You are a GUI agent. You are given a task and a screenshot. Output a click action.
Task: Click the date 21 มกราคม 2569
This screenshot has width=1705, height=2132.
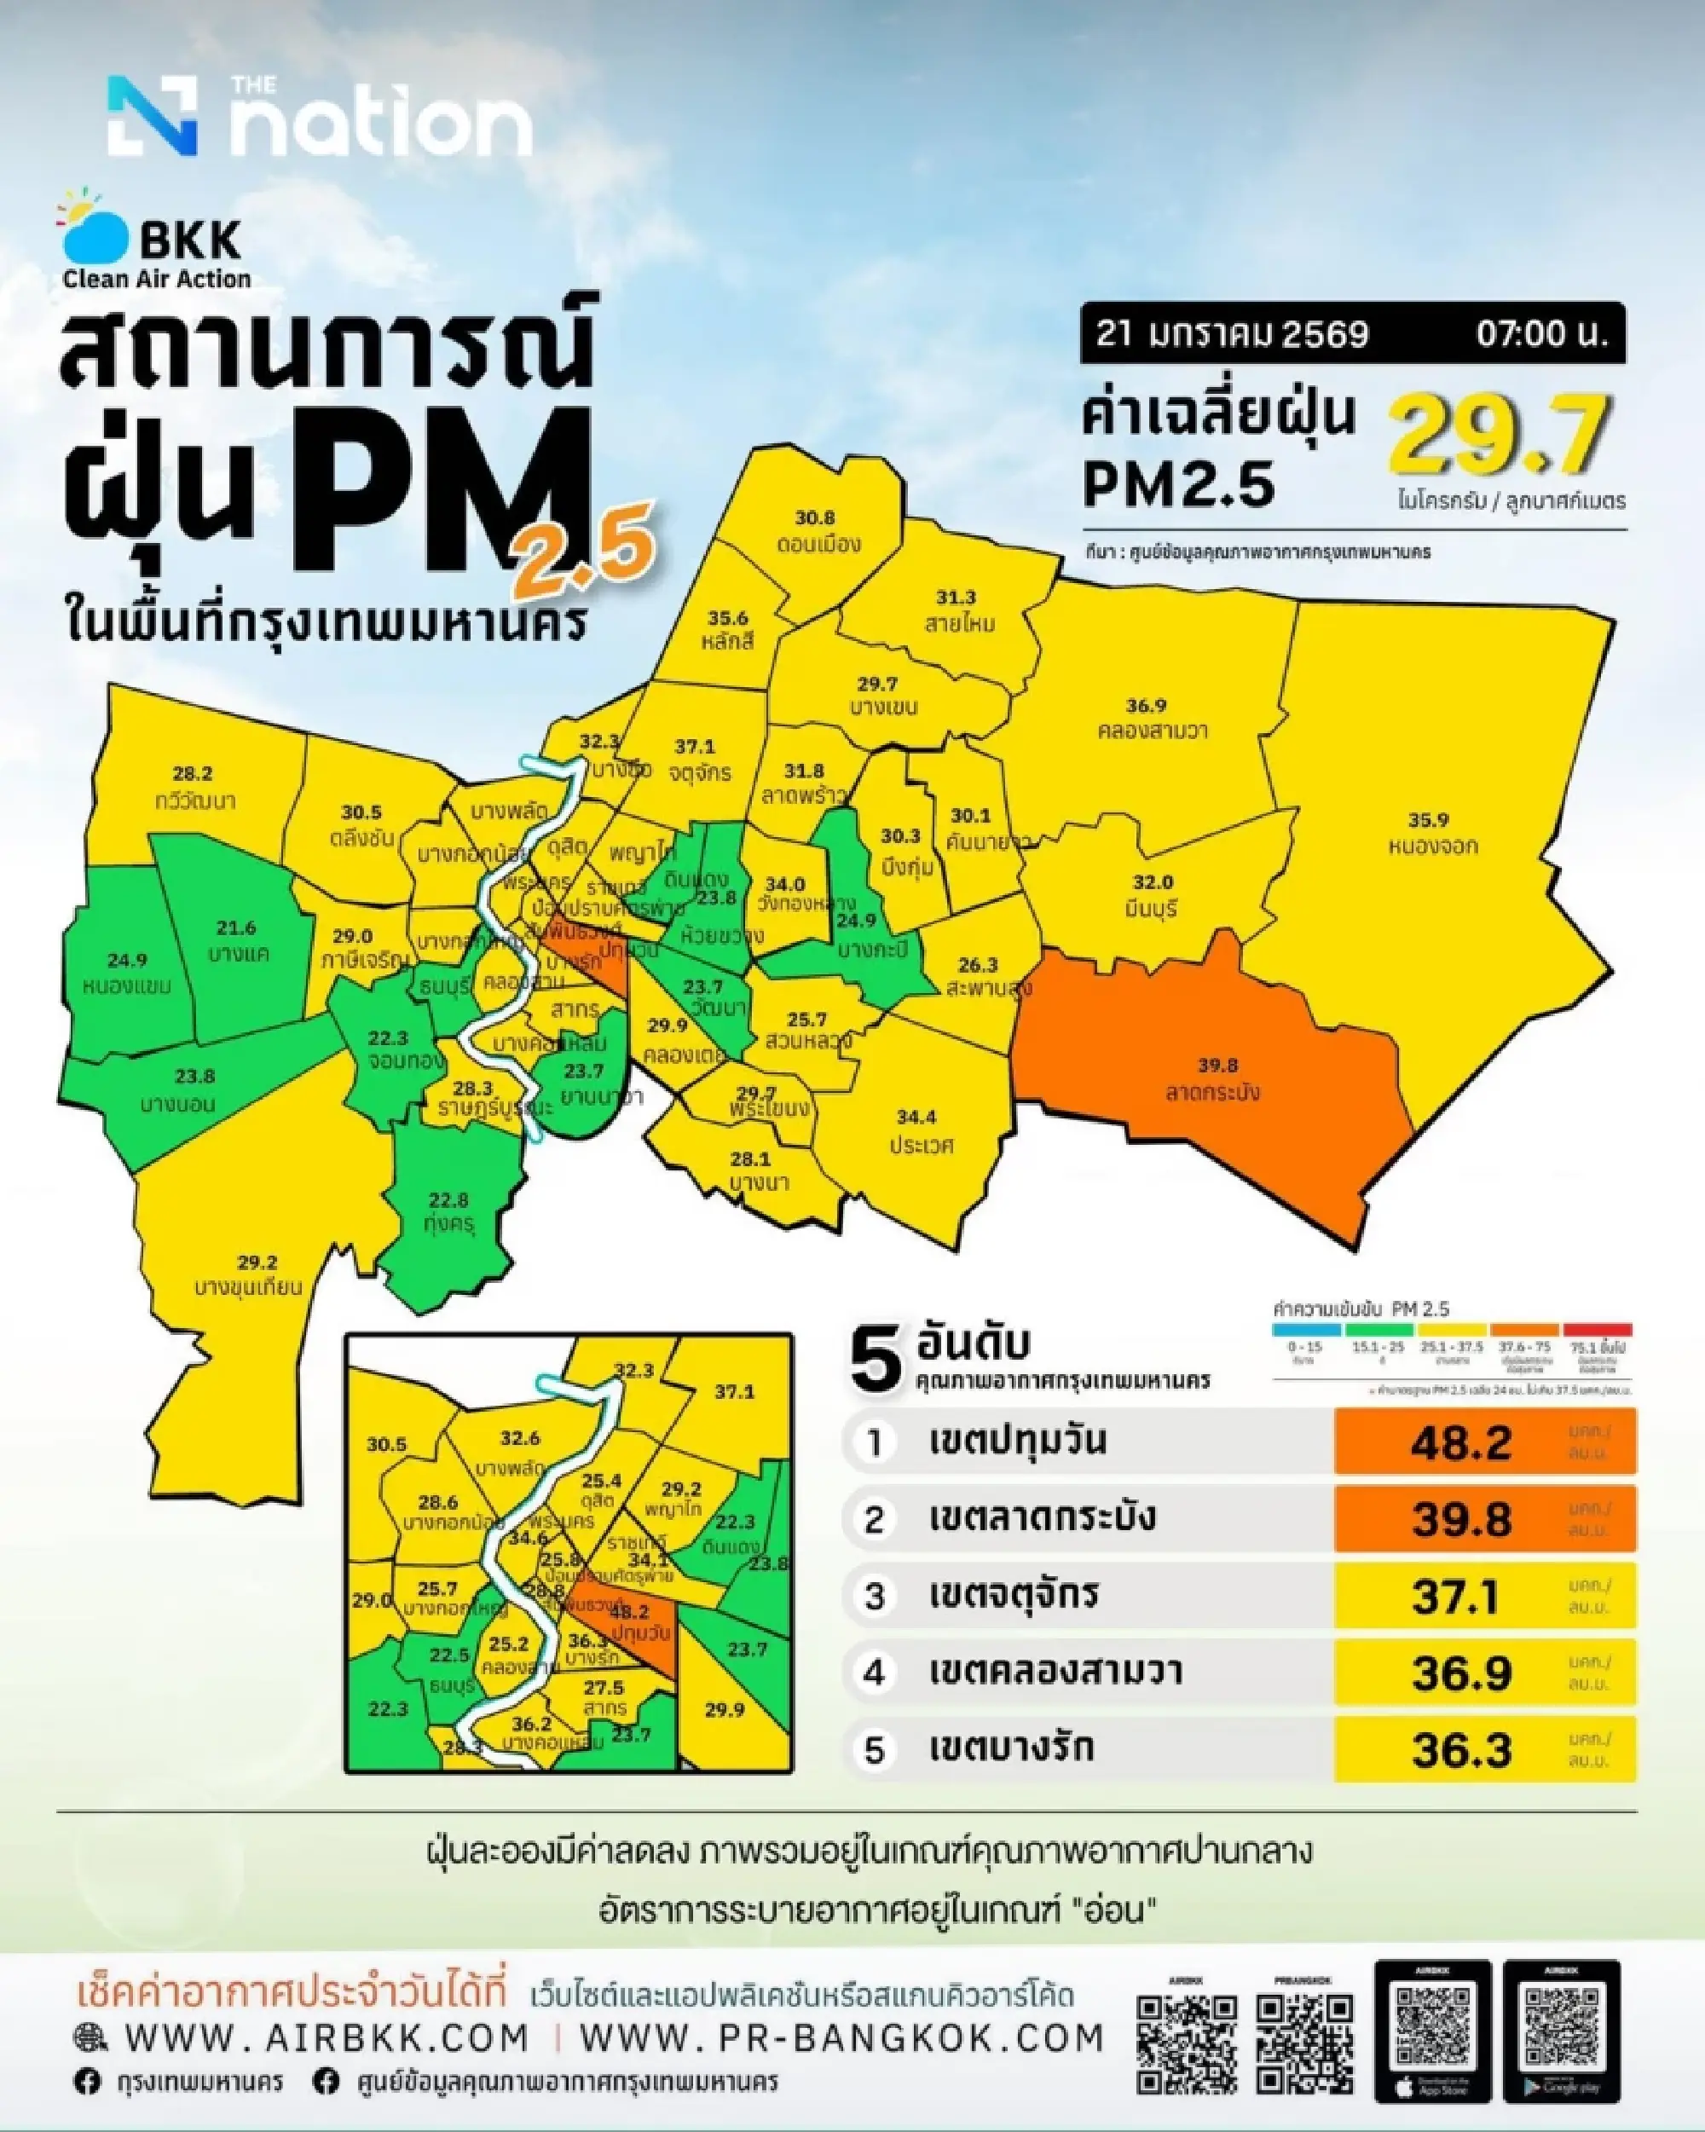pyautogui.click(x=1231, y=334)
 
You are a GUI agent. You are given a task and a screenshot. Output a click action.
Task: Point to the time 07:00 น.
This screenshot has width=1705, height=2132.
pyautogui.click(x=1549, y=334)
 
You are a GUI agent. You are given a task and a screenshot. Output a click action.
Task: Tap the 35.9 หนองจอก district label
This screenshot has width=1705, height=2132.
pyautogui.click(x=1428, y=833)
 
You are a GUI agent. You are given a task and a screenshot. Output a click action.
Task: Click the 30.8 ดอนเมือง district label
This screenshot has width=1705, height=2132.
pyautogui.click(x=817, y=531)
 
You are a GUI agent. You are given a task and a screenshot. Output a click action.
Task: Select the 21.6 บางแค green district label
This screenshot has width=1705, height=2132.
pyautogui.click(x=237, y=940)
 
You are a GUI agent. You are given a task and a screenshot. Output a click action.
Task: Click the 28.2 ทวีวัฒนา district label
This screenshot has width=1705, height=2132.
pyautogui.click(x=194, y=787)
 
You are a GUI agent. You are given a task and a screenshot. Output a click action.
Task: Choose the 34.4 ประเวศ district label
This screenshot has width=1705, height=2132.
pyautogui.click(x=916, y=1130)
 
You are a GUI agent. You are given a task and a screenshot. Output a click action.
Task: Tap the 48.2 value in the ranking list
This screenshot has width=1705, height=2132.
pyautogui.click(x=1462, y=1442)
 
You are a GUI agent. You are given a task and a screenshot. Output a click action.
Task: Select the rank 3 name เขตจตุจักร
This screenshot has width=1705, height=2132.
pyautogui.click(x=1013, y=1595)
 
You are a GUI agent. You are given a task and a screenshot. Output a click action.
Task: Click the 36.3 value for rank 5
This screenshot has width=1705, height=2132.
pyautogui.click(x=1462, y=1750)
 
